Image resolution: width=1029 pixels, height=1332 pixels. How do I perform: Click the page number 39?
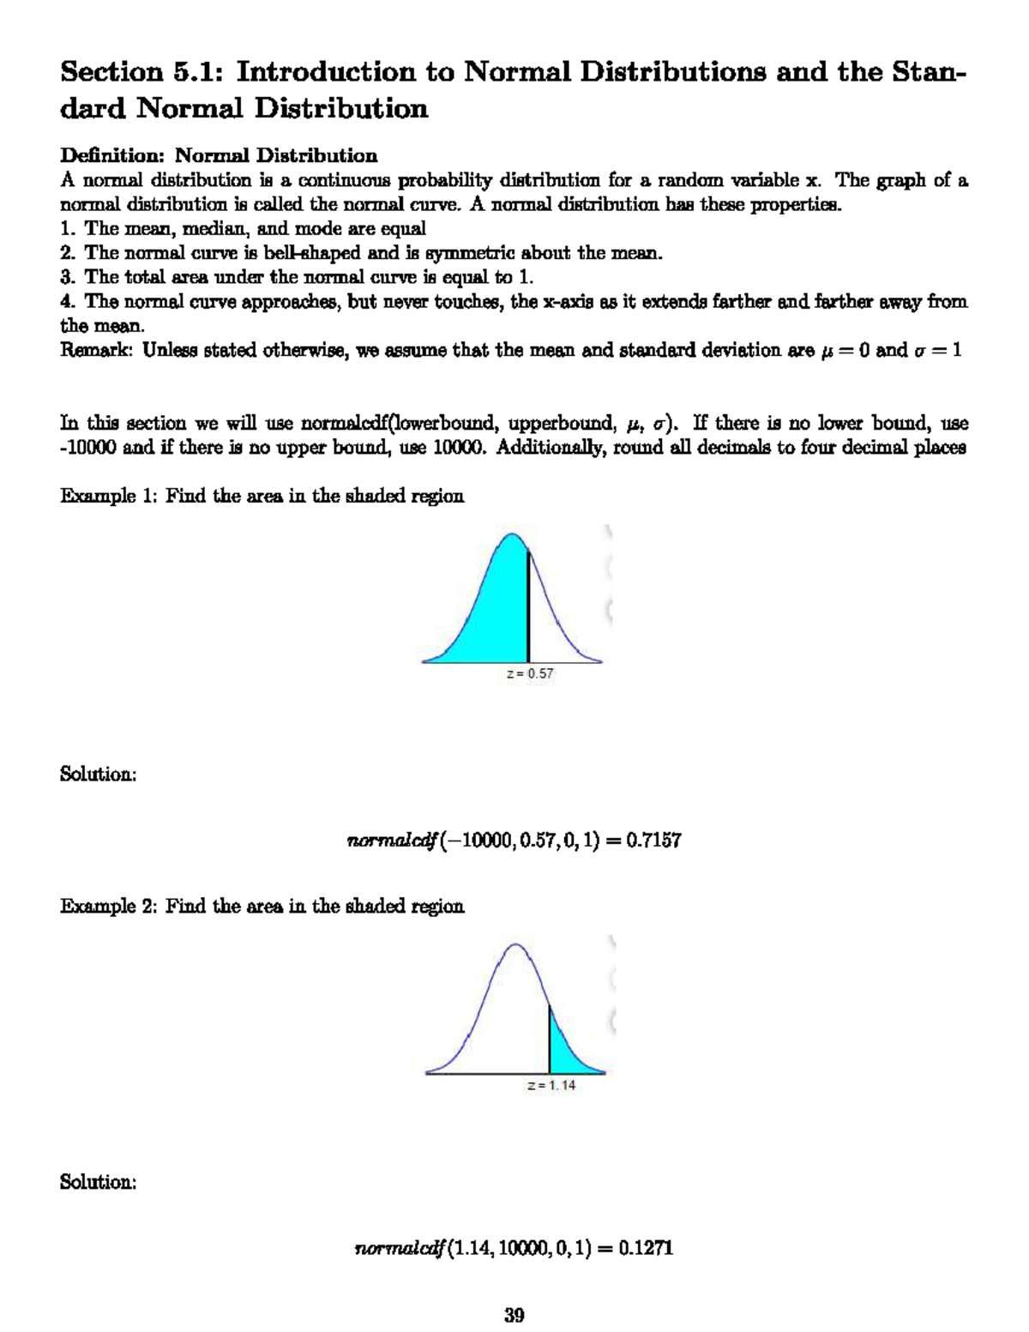pos(514,1315)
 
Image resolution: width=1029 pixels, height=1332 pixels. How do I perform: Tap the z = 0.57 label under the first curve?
pos(530,674)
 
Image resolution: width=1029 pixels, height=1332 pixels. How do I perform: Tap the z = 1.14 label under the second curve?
pos(551,1085)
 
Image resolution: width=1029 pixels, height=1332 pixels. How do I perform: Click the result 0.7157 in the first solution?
pos(653,841)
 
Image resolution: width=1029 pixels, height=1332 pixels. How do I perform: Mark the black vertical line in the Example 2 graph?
pos(550,1040)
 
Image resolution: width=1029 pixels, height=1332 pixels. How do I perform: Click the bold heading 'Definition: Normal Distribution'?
pos(219,155)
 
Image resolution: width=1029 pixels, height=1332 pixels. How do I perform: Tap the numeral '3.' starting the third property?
pos(69,277)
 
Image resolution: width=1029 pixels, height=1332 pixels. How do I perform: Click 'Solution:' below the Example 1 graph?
pos(98,774)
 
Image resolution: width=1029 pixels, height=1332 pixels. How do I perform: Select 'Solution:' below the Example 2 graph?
pos(98,1182)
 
